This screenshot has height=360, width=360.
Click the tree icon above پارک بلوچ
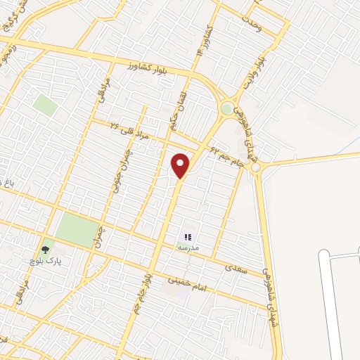[x=46, y=248]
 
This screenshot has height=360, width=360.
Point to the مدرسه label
[x=188, y=248]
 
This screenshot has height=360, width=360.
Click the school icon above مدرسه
[x=188, y=237]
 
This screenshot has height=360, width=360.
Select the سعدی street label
[x=233, y=268]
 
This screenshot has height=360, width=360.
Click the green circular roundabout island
[x=227, y=108]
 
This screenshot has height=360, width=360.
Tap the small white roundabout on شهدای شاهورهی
[x=255, y=167]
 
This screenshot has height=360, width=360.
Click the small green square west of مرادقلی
[x=45, y=106]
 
